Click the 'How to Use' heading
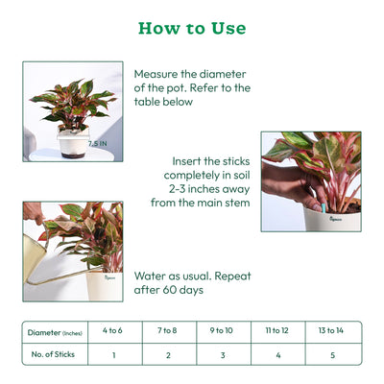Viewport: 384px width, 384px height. click(x=192, y=28)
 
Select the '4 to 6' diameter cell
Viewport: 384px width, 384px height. click(x=113, y=331)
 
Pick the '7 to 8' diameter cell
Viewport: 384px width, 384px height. click(x=167, y=331)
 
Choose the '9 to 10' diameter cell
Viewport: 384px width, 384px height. click(x=221, y=331)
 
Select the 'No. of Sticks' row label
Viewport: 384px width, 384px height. click(x=54, y=354)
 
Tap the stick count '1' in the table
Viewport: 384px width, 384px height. click(x=113, y=355)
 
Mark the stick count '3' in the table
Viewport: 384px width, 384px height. click(x=221, y=355)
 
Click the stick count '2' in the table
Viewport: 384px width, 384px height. click(x=167, y=355)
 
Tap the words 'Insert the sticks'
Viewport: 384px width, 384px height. click(x=211, y=160)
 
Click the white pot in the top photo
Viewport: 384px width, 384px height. click(x=73, y=144)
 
